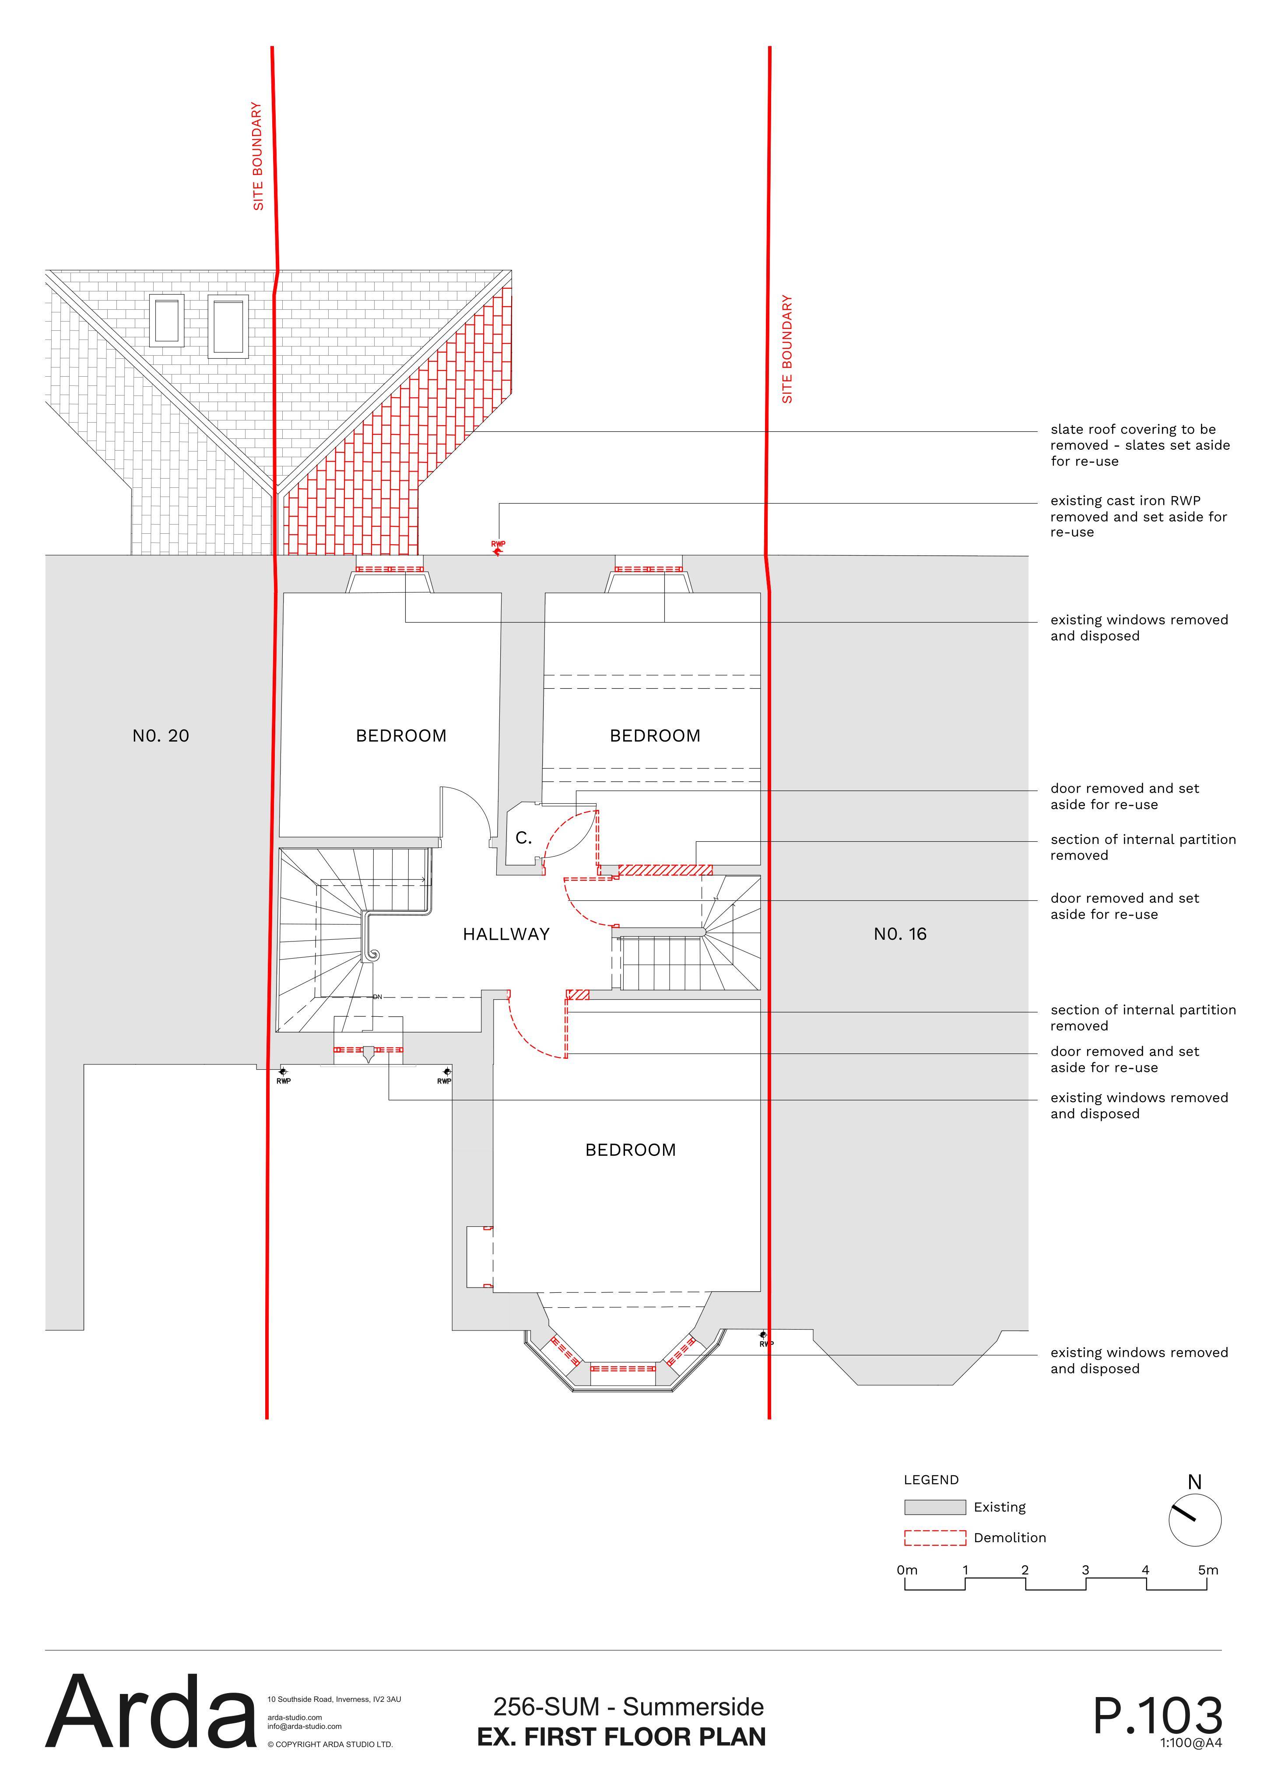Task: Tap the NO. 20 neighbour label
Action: [x=161, y=736]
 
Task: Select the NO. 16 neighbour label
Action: [x=900, y=934]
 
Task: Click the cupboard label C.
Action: [x=524, y=838]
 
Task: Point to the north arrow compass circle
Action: [x=1194, y=1520]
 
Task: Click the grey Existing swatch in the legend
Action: [x=934, y=1507]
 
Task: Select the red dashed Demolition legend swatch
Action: [x=934, y=1537]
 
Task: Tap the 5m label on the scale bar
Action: [x=1207, y=1570]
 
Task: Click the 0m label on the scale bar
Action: [x=907, y=1570]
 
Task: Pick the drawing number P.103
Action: [x=1158, y=1716]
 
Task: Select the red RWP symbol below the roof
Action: [x=497, y=548]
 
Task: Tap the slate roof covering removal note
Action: [x=1140, y=445]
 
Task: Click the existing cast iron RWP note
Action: [x=1138, y=516]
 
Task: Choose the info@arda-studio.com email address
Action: [x=305, y=1726]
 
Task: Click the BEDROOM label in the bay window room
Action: [x=631, y=1150]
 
